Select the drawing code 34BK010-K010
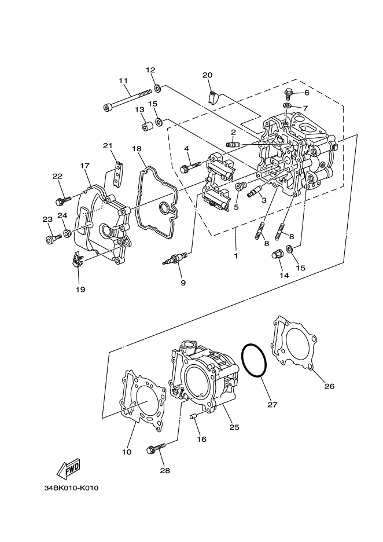[71, 488]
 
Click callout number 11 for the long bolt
[123, 80]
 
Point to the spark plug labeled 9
[175, 258]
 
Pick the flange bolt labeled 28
[157, 449]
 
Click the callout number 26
[329, 386]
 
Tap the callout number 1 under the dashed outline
[235, 255]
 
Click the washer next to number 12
[157, 90]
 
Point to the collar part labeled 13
[147, 126]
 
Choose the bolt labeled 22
[60, 200]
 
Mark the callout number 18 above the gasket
[137, 149]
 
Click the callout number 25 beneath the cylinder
[234, 427]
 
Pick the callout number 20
[208, 75]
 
